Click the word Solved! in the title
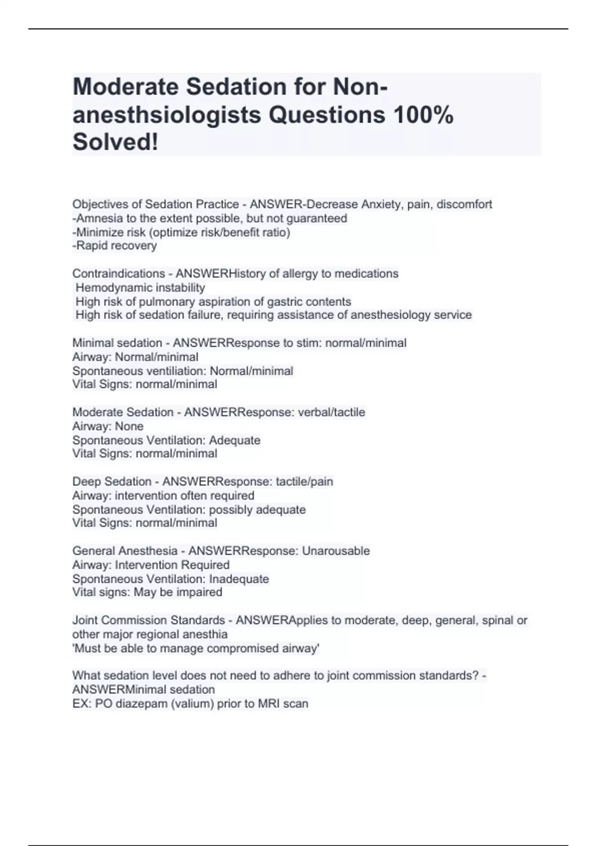click(115, 142)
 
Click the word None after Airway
click(129, 426)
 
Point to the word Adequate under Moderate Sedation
click(235, 440)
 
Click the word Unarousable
click(336, 551)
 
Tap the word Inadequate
click(239, 579)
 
